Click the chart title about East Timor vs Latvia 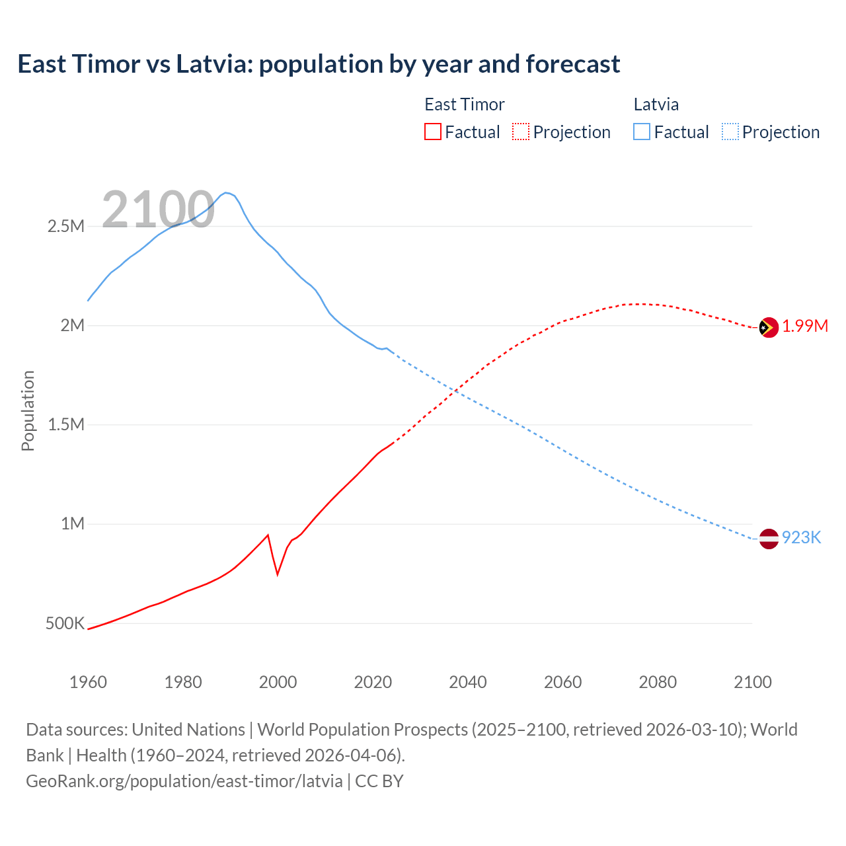click(x=319, y=64)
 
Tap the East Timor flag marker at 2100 click(x=769, y=327)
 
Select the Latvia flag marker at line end click(x=769, y=539)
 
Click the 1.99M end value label click(x=805, y=326)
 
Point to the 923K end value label click(x=801, y=537)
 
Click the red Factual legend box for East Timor click(x=432, y=132)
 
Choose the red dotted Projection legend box click(x=521, y=132)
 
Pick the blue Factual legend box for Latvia click(x=642, y=132)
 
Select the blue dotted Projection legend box click(x=730, y=132)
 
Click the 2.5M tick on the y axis click(x=66, y=226)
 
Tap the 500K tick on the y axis click(x=65, y=623)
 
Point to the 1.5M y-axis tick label click(x=66, y=424)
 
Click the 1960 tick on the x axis click(x=88, y=682)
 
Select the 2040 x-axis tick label click(x=468, y=682)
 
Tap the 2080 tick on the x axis click(x=658, y=682)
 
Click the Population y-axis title click(x=28, y=410)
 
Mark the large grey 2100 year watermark click(x=158, y=210)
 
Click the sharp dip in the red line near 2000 click(x=278, y=574)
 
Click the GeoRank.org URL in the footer click(x=184, y=781)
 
